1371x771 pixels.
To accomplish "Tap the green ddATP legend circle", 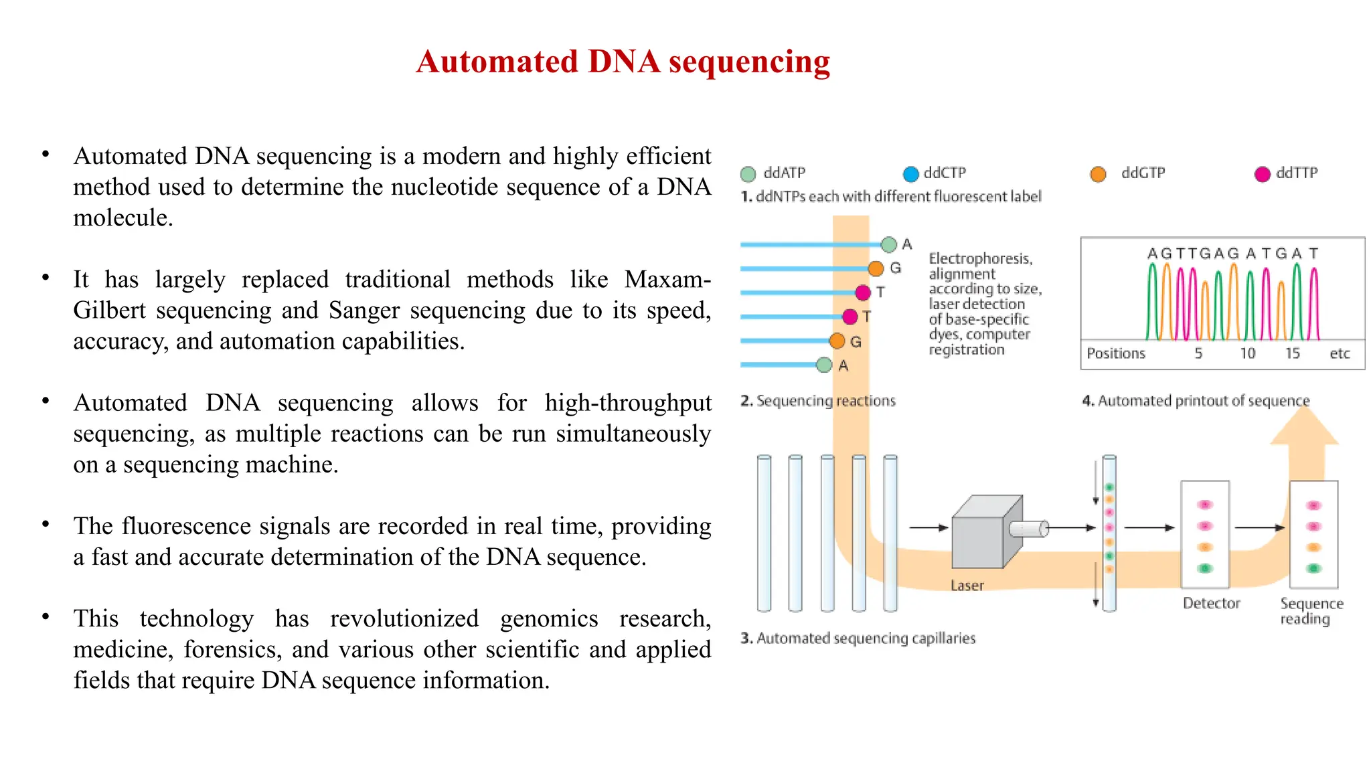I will coord(748,174).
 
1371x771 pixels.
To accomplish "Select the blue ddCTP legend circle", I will coord(910,174).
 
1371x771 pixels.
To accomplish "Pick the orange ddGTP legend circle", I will coord(1098,174).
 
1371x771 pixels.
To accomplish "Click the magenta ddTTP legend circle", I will coord(1262,174).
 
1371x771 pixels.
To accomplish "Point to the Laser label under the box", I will coord(967,586).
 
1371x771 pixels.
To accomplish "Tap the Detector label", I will coord(1211,603).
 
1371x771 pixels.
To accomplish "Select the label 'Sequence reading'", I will coord(1310,611).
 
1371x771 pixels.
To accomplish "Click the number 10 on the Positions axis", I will coord(1247,353).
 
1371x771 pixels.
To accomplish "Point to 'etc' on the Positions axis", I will coord(1340,353).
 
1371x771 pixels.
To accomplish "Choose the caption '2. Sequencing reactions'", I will coord(817,401).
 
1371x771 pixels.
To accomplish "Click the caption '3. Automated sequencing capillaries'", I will coord(858,638).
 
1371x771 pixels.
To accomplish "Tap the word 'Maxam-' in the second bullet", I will coord(667,279).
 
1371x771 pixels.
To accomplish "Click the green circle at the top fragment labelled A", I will coord(888,245).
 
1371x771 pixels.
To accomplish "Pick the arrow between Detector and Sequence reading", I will coord(1259,527).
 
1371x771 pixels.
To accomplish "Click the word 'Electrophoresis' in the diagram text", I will coord(979,258).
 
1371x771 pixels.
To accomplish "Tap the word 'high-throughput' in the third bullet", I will coord(627,403).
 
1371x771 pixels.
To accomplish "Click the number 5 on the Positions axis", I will coord(1198,353).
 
